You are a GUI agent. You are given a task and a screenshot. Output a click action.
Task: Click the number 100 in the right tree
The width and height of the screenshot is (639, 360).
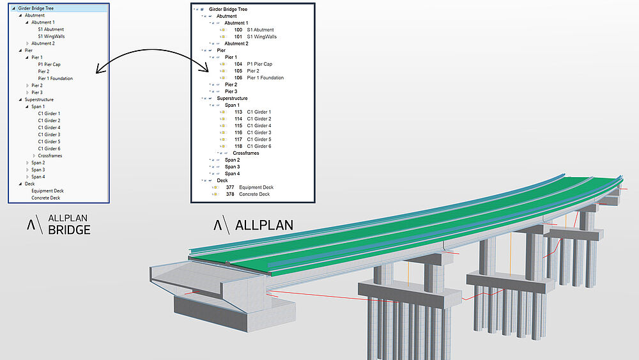[x=238, y=30]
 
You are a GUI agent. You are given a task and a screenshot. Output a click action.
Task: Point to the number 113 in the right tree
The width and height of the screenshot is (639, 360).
[x=238, y=113]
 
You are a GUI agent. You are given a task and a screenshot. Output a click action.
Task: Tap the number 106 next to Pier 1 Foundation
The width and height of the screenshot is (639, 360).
[x=238, y=78]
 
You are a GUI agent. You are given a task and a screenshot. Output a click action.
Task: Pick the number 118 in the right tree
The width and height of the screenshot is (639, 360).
[x=238, y=146]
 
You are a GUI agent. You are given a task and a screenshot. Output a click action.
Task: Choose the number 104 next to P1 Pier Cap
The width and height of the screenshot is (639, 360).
[x=238, y=64]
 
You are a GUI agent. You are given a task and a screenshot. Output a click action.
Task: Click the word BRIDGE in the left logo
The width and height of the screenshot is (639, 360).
[x=69, y=230]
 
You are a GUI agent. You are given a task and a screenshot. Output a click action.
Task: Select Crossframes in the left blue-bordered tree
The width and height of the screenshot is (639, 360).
[x=50, y=156]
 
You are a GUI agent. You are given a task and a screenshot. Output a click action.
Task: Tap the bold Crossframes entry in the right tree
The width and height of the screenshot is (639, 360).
[x=246, y=153]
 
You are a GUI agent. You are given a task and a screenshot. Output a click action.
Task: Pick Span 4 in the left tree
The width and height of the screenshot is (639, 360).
[x=38, y=176]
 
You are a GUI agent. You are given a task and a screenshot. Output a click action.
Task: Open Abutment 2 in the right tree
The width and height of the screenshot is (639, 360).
[x=236, y=43]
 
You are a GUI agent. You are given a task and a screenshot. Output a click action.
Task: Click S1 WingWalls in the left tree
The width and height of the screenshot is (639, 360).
[x=51, y=36]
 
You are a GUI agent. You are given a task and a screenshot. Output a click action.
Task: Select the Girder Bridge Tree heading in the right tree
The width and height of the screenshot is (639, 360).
[x=228, y=10]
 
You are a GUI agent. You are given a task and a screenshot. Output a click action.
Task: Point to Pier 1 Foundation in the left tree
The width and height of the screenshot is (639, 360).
[x=55, y=79]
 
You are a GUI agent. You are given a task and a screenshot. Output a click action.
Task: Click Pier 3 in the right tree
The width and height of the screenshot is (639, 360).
[x=231, y=91]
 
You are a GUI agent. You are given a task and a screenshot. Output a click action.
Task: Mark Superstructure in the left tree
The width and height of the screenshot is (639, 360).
[x=39, y=100]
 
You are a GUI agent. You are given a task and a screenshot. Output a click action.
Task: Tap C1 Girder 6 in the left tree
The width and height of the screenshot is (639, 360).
[x=49, y=149]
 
